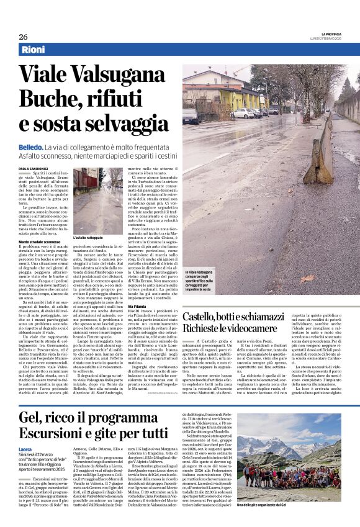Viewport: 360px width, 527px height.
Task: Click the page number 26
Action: click(23, 37)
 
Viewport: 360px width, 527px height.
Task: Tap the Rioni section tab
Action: click(34, 50)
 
